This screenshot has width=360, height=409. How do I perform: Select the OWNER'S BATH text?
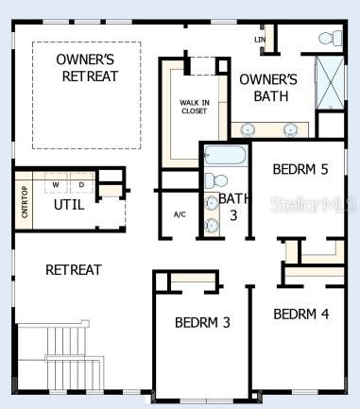[268, 88]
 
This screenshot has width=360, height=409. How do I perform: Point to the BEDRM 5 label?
[300, 170]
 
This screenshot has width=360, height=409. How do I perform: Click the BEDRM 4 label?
[301, 314]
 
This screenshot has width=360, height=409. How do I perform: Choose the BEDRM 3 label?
[202, 322]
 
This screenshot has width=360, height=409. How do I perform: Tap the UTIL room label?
[68, 203]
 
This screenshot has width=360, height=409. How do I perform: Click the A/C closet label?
[180, 214]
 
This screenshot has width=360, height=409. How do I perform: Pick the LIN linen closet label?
[260, 40]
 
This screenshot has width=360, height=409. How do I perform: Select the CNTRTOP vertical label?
[25, 199]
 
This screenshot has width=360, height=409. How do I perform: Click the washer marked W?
[57, 183]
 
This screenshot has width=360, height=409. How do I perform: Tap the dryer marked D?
[80, 183]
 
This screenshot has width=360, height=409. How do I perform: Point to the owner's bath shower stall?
[330, 83]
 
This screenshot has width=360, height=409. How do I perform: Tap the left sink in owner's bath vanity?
[249, 129]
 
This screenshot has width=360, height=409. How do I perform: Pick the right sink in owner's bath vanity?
[290, 129]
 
